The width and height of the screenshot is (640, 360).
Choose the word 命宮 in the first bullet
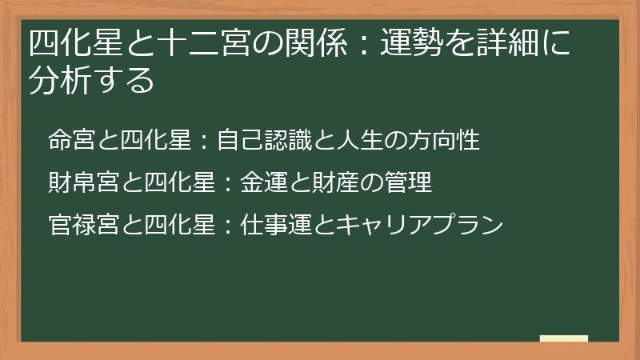[x=70, y=141]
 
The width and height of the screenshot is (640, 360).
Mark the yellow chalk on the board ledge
[x=563, y=338]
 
